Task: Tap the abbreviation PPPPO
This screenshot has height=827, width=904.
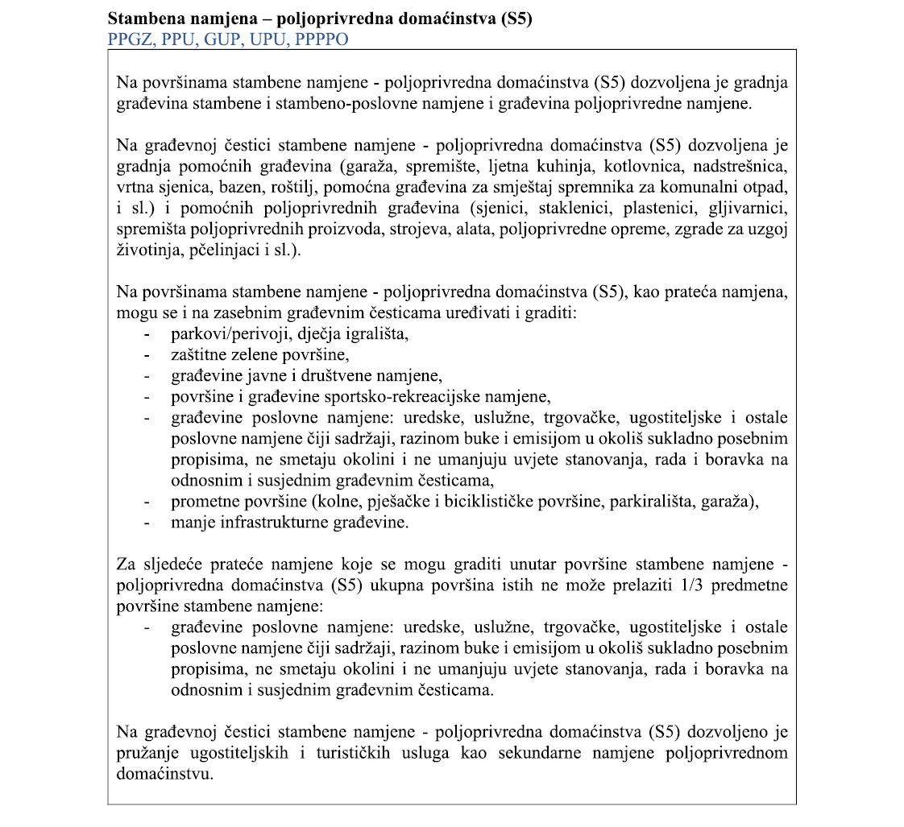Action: (x=319, y=39)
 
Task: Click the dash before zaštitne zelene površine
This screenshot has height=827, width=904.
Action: (x=147, y=354)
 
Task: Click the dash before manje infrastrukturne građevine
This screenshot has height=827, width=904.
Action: (x=147, y=522)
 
